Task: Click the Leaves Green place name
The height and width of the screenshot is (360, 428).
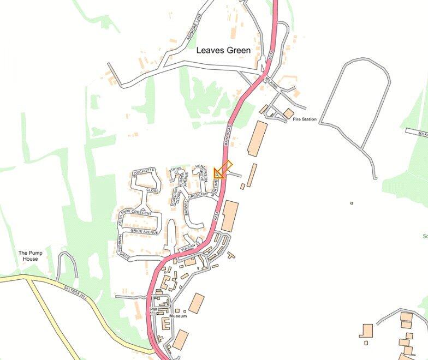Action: [223, 50]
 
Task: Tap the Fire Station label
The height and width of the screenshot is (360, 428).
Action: [305, 119]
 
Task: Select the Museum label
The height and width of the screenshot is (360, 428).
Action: [178, 316]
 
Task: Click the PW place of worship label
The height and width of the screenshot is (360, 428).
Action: [154, 309]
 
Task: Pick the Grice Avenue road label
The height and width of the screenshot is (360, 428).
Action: [144, 232]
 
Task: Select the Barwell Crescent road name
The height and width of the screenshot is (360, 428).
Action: [194, 200]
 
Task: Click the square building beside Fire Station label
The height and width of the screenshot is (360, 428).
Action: [288, 113]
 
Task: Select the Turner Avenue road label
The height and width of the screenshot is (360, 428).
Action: [185, 182]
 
